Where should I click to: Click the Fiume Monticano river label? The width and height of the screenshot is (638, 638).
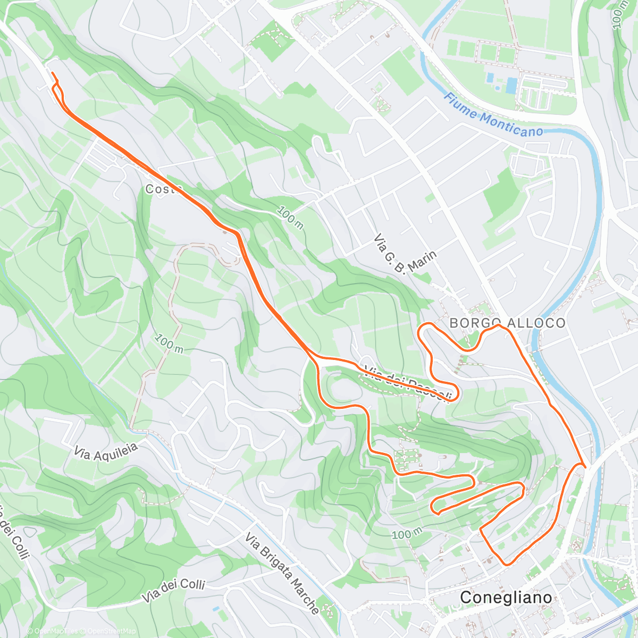493,115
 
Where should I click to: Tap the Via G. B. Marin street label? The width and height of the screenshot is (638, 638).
406,255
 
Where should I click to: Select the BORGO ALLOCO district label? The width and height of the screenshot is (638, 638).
507,323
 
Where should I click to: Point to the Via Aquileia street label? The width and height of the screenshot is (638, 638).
106,452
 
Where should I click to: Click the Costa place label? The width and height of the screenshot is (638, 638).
163,189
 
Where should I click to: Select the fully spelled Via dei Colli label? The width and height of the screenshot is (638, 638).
173,591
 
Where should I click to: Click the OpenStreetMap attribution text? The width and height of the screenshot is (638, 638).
112,631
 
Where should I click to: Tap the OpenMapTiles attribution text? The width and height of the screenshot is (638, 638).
55,631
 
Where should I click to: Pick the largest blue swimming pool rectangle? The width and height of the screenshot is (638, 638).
511,86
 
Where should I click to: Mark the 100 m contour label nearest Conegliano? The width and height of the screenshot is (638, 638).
408,534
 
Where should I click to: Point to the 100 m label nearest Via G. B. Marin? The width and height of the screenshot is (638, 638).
290,217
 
